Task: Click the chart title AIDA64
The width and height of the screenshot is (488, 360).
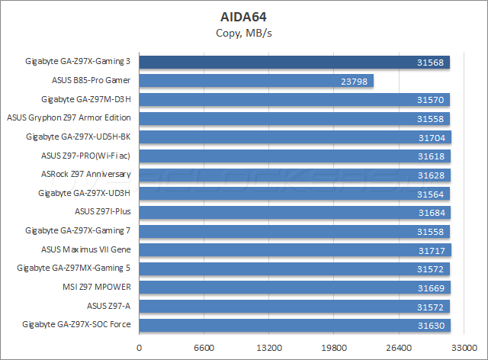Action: tap(243, 15)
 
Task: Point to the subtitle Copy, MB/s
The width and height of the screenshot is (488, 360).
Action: tap(243, 32)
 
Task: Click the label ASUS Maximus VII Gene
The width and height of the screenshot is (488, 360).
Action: tap(86, 249)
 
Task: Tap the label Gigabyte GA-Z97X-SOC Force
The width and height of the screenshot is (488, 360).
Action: tap(79, 325)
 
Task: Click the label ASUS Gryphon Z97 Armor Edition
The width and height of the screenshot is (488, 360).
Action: tap(69, 118)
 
